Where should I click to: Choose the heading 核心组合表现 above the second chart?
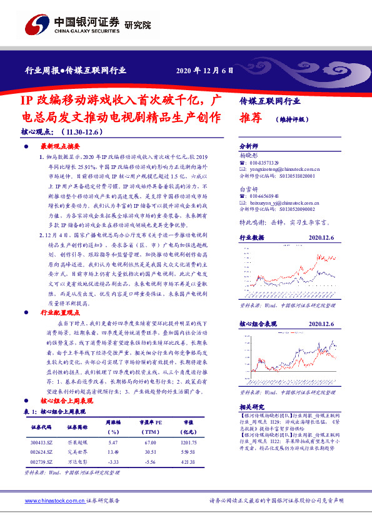(x=258, y=324)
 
